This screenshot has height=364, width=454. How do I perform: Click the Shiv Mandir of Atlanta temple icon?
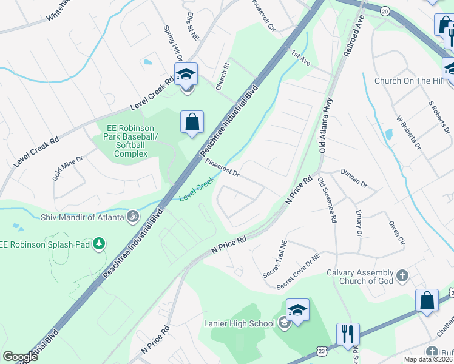[132, 216]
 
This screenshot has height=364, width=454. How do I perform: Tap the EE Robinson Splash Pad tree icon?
[98, 244]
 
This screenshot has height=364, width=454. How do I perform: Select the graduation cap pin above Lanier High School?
[297, 311]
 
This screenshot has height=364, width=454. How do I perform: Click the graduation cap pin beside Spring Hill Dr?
[186, 75]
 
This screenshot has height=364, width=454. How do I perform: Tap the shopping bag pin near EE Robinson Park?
[192, 123]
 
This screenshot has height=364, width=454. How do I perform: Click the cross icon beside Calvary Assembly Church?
[402, 277]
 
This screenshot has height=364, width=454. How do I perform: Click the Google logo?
[20, 357]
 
